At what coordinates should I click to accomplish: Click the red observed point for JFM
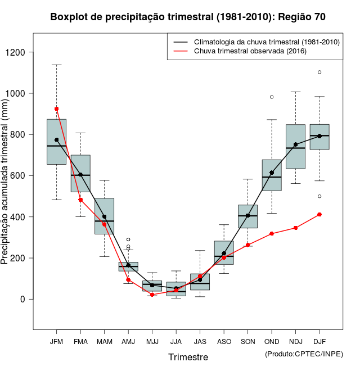tap(56, 108)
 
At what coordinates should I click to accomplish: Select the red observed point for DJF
tap(319, 214)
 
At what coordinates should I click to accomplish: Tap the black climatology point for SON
tap(247, 215)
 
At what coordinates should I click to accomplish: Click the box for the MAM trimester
tap(104, 216)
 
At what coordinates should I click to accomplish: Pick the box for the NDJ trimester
tap(295, 147)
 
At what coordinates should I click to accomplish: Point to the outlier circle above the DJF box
tap(319, 72)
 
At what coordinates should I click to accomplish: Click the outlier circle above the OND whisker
tap(272, 97)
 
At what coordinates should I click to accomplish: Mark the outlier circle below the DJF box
tap(319, 196)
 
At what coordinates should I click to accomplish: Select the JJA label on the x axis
tap(176, 342)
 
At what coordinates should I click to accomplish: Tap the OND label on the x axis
tap(272, 342)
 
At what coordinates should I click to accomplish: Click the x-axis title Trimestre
tap(188, 357)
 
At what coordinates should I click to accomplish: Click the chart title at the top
tap(188, 17)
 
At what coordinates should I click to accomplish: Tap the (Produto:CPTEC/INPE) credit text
tap(304, 353)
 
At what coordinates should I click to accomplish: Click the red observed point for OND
tap(272, 233)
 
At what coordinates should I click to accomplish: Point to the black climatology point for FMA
tap(80, 174)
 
